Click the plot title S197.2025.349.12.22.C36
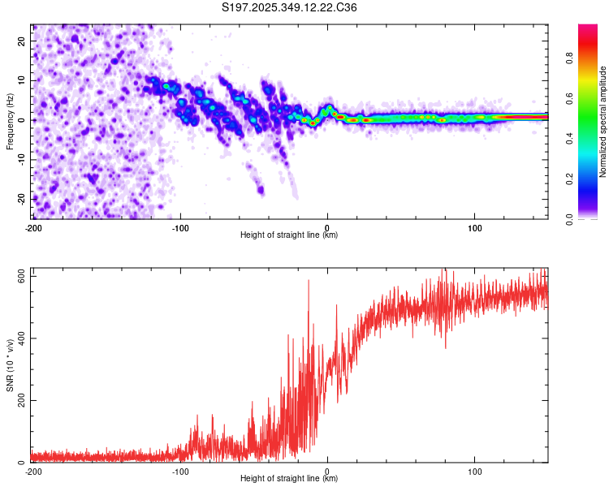pos(290,7)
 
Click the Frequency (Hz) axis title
pos(10,122)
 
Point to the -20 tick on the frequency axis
pos(22,199)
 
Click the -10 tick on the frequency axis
pos(22,159)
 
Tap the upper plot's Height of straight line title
pos(290,235)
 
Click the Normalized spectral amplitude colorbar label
pos(603,122)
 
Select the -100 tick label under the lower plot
pos(180,472)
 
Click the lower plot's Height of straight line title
pos(290,479)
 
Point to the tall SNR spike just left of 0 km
pos(309,282)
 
